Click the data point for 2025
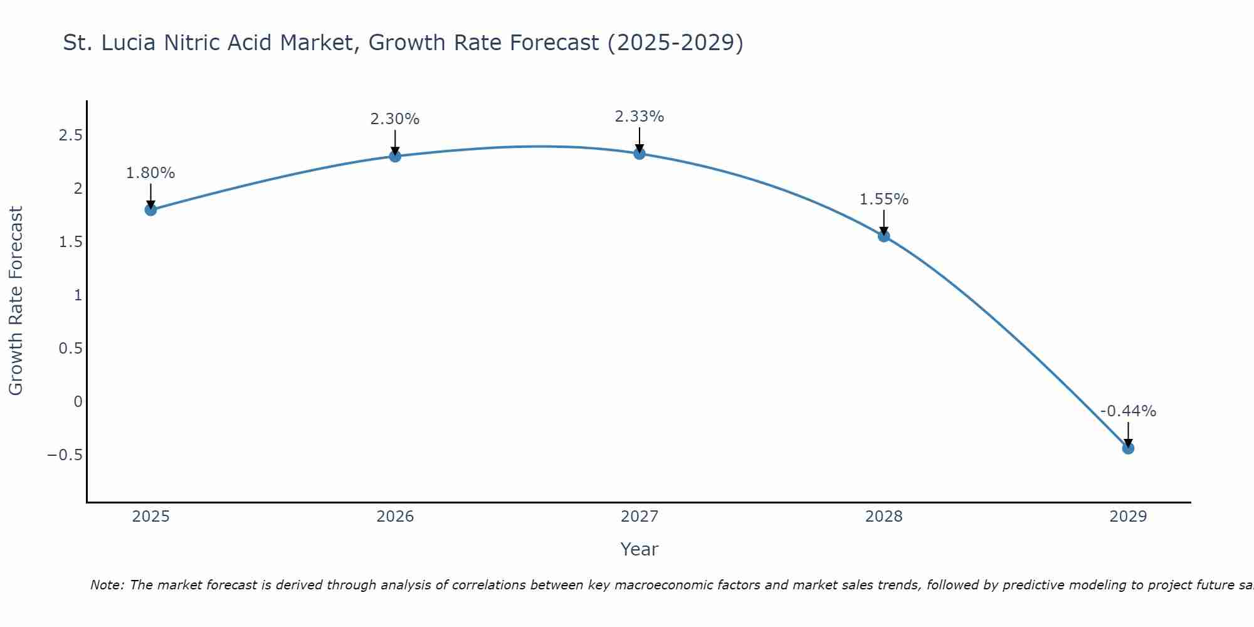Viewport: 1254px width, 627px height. (150, 209)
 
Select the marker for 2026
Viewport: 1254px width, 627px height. (395, 156)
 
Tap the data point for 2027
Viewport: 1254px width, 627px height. (640, 153)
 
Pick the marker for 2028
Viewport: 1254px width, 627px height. (884, 236)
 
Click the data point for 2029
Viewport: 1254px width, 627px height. (1128, 448)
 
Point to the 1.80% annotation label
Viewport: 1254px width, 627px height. (150, 173)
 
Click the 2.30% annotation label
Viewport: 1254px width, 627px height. (395, 119)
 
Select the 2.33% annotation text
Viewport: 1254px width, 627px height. (640, 117)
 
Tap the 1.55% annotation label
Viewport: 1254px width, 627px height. (884, 199)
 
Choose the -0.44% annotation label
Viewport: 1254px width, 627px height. (1128, 411)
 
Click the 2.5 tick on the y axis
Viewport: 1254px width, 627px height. (71, 135)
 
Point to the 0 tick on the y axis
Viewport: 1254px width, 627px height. (78, 401)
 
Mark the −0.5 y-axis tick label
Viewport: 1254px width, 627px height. (65, 455)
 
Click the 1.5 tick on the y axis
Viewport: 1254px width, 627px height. (71, 242)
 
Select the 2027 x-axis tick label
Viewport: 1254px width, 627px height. (640, 517)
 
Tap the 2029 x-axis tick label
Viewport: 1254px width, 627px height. (1128, 517)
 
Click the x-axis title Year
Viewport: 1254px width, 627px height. (640, 549)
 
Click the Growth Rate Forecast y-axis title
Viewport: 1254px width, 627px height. (16, 301)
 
